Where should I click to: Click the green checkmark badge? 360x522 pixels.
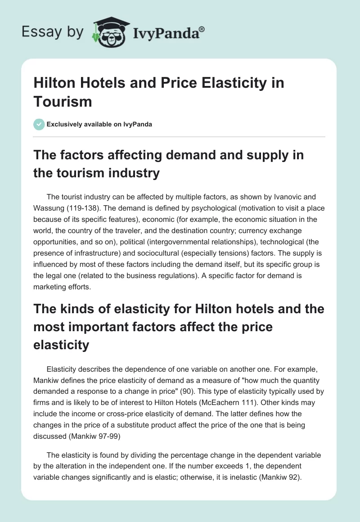pyautogui.click(x=39, y=124)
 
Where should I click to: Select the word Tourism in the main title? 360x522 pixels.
pyautogui.click(x=63, y=101)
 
